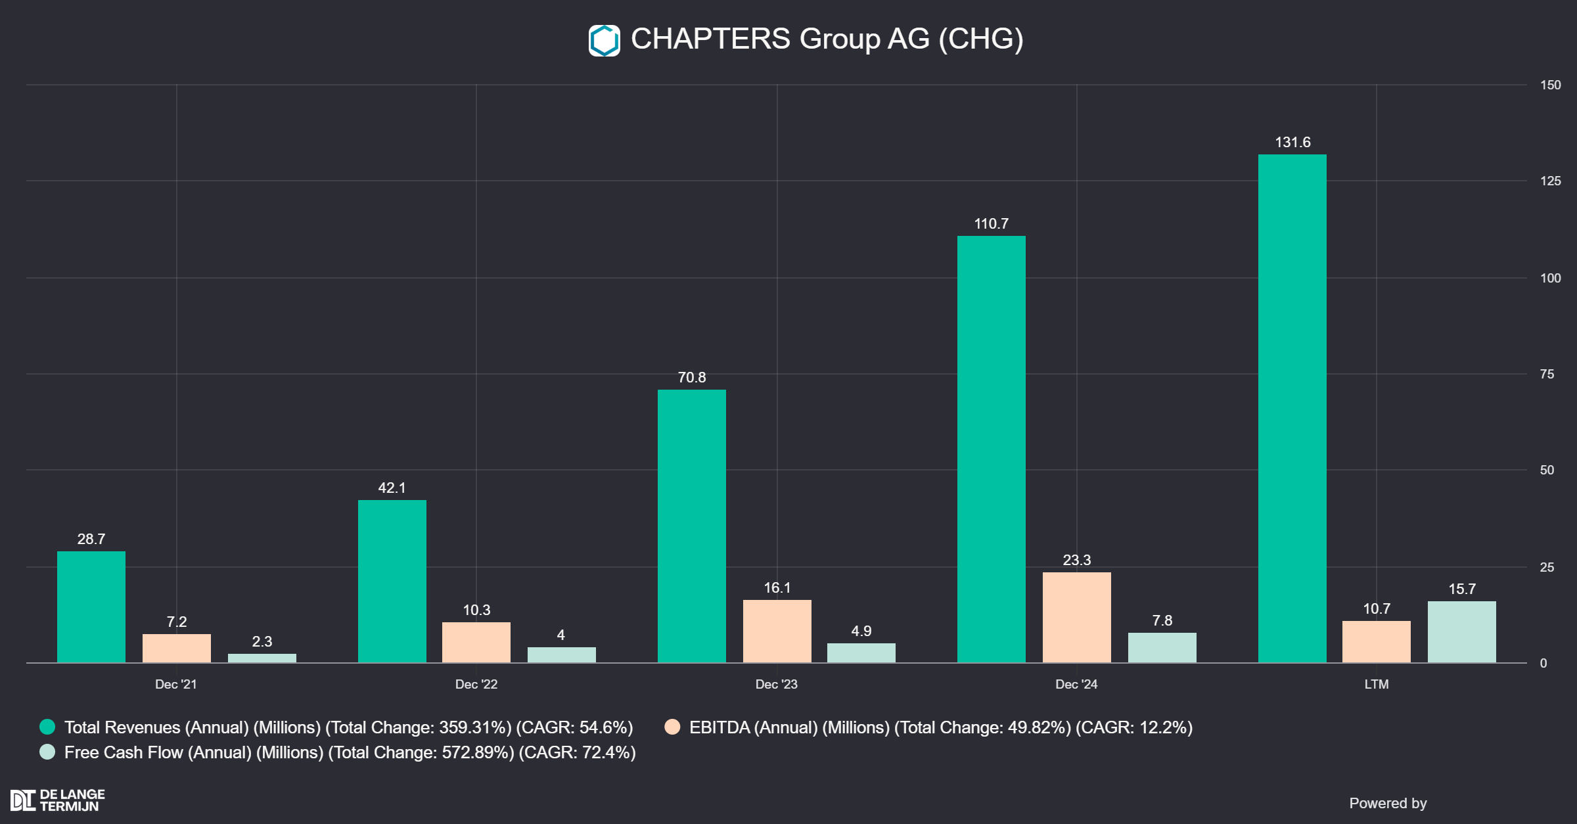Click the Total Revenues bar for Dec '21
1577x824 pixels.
pyautogui.click(x=91, y=607)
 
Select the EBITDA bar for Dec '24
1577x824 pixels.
pyautogui.click(x=1076, y=617)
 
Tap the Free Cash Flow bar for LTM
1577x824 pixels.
pyautogui.click(x=1461, y=631)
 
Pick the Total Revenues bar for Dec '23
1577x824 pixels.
pyautogui.click(x=691, y=526)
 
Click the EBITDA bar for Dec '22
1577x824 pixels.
pyautogui.click(x=476, y=642)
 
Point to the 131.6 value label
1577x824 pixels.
pyautogui.click(x=1292, y=143)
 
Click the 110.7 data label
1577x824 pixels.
pyautogui.click(x=991, y=224)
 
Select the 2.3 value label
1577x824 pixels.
pyautogui.click(x=262, y=642)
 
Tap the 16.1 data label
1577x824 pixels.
pyautogui.click(x=777, y=588)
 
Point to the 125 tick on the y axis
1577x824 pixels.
pyautogui.click(x=1550, y=181)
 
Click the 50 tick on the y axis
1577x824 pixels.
pyautogui.click(x=1547, y=470)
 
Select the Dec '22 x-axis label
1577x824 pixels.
pyautogui.click(x=476, y=685)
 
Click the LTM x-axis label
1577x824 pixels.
pyautogui.click(x=1377, y=685)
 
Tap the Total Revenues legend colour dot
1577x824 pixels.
pyautogui.click(x=47, y=727)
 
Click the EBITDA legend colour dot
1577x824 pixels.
pyautogui.click(x=672, y=727)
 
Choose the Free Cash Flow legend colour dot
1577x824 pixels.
pyautogui.click(x=47, y=752)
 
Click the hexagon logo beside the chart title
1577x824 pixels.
pyautogui.click(x=604, y=41)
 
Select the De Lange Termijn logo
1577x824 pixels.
pyautogui.click(x=58, y=800)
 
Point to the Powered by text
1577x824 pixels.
pyautogui.click(x=1388, y=804)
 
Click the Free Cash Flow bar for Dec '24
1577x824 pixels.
pyautogui.click(x=1162, y=647)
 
